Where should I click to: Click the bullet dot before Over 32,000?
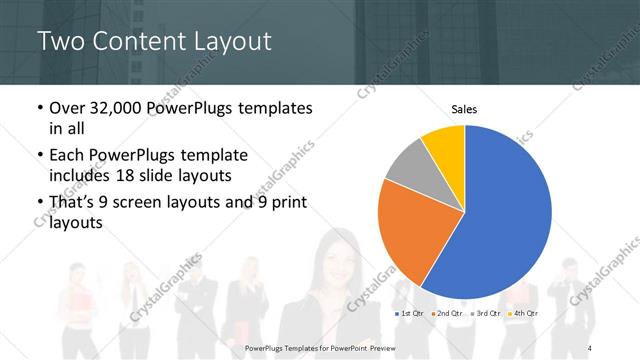click(39, 108)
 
